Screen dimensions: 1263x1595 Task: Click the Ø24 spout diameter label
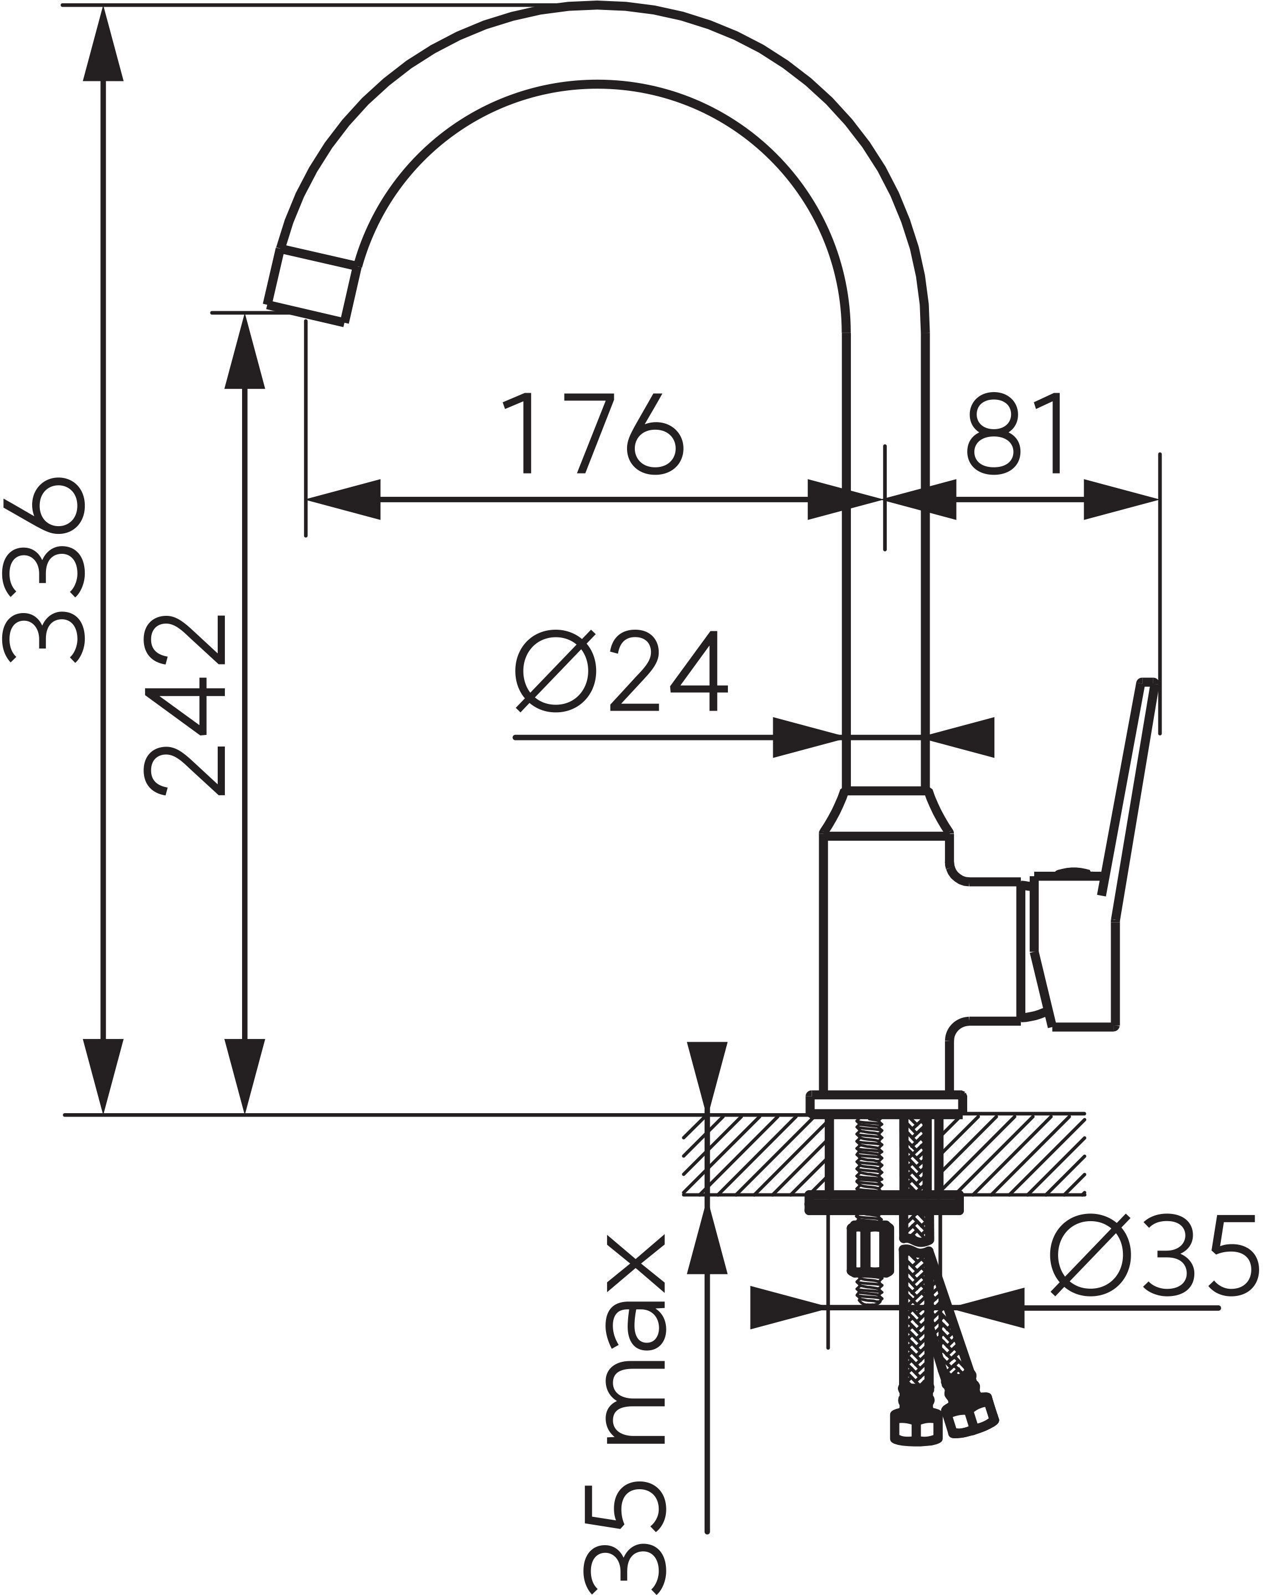[x=621, y=672]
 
